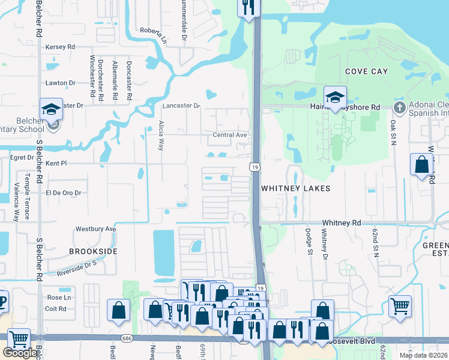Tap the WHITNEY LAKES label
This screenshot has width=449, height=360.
click(296, 188)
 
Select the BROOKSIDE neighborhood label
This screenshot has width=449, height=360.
click(92, 251)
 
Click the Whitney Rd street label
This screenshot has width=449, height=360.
click(341, 223)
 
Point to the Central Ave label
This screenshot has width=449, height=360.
click(230, 135)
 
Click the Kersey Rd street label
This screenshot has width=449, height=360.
click(60, 46)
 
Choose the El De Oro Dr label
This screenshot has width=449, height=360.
click(63, 193)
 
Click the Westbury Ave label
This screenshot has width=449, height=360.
click(95, 229)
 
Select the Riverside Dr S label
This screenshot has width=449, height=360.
click(77, 268)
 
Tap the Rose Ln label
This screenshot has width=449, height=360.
click(59, 298)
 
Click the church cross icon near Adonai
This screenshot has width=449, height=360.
click(400, 107)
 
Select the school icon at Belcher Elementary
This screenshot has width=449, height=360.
click(52, 110)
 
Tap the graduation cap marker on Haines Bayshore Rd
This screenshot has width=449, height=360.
click(335, 97)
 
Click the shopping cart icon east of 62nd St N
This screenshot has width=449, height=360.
click(400, 306)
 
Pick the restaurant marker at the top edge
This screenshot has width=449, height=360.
click(248, 8)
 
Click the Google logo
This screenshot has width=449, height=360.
click(20, 353)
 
